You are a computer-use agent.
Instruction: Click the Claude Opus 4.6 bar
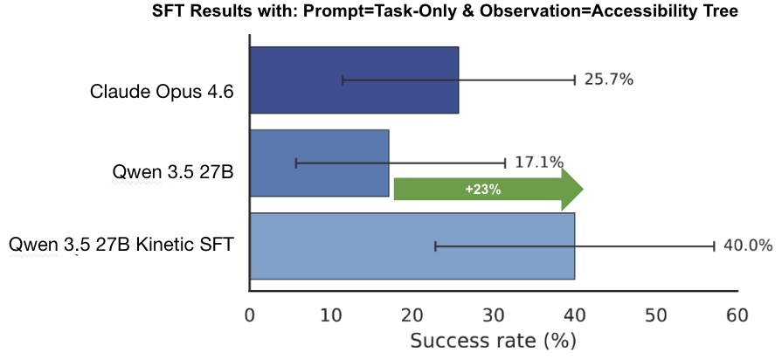[x=354, y=80]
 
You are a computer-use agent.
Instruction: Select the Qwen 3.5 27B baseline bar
[x=319, y=163]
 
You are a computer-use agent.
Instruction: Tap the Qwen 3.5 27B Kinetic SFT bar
[x=412, y=246]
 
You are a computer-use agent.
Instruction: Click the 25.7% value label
[x=608, y=80]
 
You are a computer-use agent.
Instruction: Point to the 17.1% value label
[x=538, y=163]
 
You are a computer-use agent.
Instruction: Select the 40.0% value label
[x=748, y=246]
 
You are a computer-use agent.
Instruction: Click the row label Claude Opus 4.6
[x=162, y=92]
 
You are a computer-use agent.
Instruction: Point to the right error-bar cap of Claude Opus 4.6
[x=575, y=80]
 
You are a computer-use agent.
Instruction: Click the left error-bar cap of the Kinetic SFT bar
[x=435, y=246]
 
